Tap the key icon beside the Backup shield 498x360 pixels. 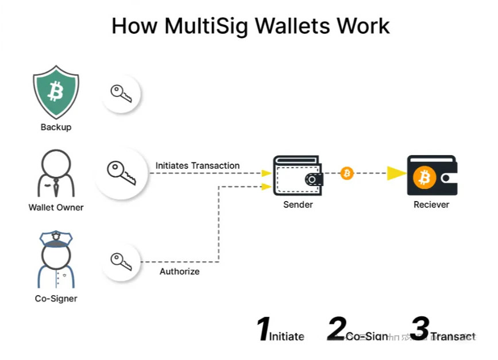(x=121, y=93)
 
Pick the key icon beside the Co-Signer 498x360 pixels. (x=121, y=262)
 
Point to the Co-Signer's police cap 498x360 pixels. (x=55, y=237)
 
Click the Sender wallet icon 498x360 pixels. (x=298, y=175)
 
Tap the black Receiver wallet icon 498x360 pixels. (x=431, y=175)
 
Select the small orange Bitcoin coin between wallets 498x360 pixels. (x=347, y=173)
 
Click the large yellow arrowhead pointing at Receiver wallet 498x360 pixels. (x=396, y=173)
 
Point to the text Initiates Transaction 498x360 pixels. (x=198, y=165)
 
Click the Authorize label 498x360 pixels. (x=179, y=271)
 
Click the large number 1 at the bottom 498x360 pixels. (x=262, y=330)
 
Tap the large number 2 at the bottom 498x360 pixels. (x=336, y=330)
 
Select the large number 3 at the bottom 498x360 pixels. (x=419, y=330)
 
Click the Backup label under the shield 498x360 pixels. (x=56, y=127)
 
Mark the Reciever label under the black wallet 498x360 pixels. (x=431, y=204)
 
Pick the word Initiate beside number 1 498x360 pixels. (x=287, y=336)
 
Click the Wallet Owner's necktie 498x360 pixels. (x=56, y=185)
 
